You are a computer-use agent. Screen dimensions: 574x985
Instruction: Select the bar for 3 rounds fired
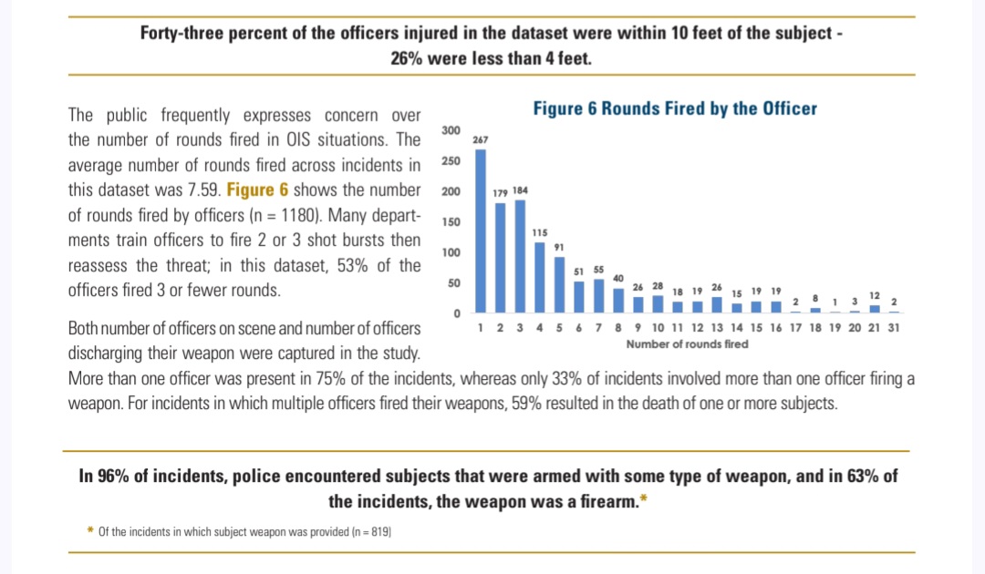[x=520, y=256]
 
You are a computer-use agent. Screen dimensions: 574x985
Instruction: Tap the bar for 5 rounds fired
[x=559, y=284]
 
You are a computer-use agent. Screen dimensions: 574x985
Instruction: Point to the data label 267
[x=481, y=140]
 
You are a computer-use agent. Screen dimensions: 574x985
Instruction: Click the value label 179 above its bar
[x=500, y=193]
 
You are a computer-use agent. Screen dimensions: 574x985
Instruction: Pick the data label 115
[x=539, y=234]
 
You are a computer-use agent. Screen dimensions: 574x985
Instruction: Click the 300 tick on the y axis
[x=451, y=131]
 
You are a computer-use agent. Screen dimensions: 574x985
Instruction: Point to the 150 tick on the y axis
[x=451, y=222]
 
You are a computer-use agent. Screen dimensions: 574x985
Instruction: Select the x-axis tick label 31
[x=894, y=328]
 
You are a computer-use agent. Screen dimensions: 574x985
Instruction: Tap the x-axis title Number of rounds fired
[x=687, y=344]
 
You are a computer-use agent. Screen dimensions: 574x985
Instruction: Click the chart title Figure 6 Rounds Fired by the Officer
[x=675, y=108]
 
